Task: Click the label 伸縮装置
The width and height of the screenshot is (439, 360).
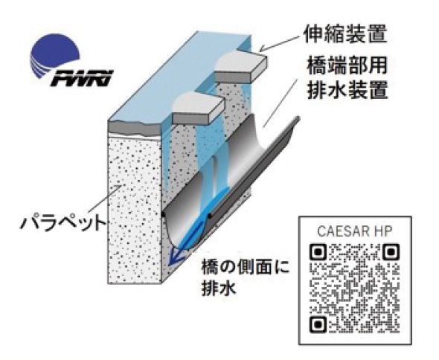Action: pyautogui.click(x=345, y=34)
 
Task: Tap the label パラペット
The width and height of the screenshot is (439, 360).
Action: pyautogui.click(x=63, y=223)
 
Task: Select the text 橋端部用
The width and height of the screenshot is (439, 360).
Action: pyautogui.click(x=347, y=65)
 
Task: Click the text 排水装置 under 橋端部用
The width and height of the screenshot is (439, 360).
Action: pyautogui.click(x=347, y=89)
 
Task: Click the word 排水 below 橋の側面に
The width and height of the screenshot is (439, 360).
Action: pyautogui.click(x=218, y=288)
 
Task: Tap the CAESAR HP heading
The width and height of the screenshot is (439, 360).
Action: pyautogui.click(x=355, y=231)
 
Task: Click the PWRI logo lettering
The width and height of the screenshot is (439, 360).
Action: pyautogui.click(x=81, y=78)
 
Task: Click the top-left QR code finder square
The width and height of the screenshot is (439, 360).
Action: pyautogui.click(x=318, y=252)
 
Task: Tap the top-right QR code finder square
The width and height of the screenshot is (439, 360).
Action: pyautogui.click(x=390, y=252)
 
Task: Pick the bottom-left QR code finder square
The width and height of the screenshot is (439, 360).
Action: pyautogui.click(x=318, y=324)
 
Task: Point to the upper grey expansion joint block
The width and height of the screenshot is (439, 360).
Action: pyautogui.click(x=240, y=67)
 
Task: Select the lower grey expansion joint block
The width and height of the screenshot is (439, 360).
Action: pyautogui.click(x=198, y=109)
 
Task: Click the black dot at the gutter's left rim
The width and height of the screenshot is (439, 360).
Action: pyautogui.click(x=163, y=215)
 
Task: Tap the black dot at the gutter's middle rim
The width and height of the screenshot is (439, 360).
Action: pyautogui.click(x=209, y=216)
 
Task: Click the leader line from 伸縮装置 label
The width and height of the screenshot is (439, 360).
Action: pyautogui.click(x=281, y=43)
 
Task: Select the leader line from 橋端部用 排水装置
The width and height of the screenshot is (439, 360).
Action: pyautogui.click(x=280, y=101)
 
